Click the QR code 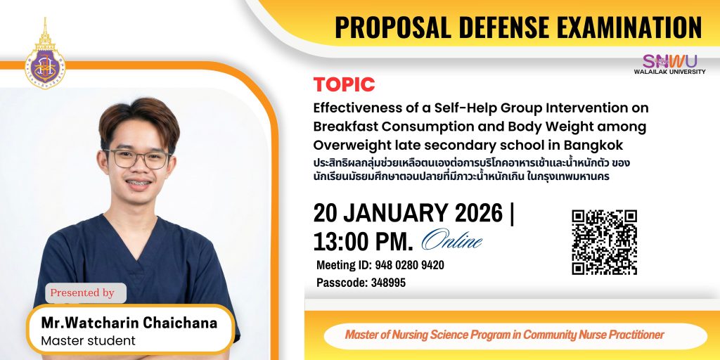604,242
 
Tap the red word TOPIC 344,84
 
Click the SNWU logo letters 669,61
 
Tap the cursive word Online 452,240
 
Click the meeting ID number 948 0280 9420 410,265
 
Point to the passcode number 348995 388,283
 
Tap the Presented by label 82,293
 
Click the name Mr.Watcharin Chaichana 129,323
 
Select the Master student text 88,341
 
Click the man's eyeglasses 136,159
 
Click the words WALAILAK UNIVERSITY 669,72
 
